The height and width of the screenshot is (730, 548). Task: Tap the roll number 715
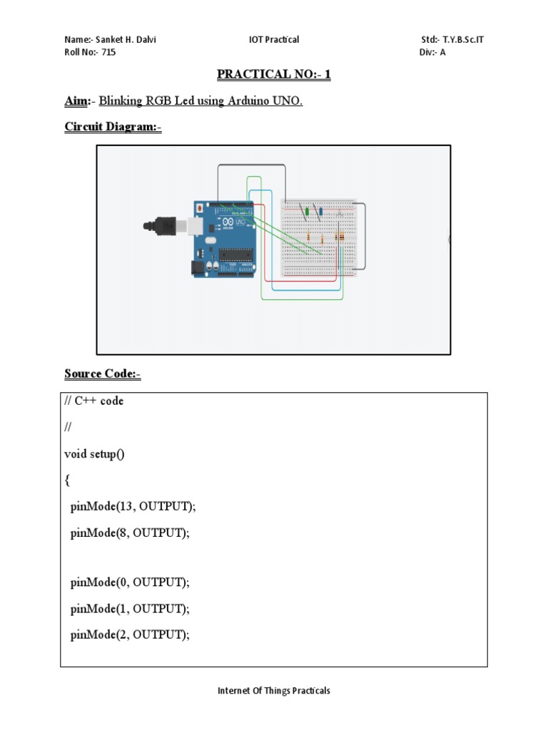point(106,53)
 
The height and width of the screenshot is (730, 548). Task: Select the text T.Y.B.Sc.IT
point(463,40)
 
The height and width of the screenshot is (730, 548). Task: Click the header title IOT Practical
point(274,40)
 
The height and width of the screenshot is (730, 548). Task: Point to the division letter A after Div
point(442,53)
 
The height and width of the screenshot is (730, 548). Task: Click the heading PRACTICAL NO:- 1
point(273,76)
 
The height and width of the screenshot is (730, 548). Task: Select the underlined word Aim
point(76,101)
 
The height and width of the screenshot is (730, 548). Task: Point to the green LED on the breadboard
point(307,211)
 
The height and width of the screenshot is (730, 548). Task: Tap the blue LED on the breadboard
point(321,211)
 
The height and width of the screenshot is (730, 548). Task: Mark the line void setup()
point(94,454)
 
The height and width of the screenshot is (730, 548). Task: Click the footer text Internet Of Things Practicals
point(273,691)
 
